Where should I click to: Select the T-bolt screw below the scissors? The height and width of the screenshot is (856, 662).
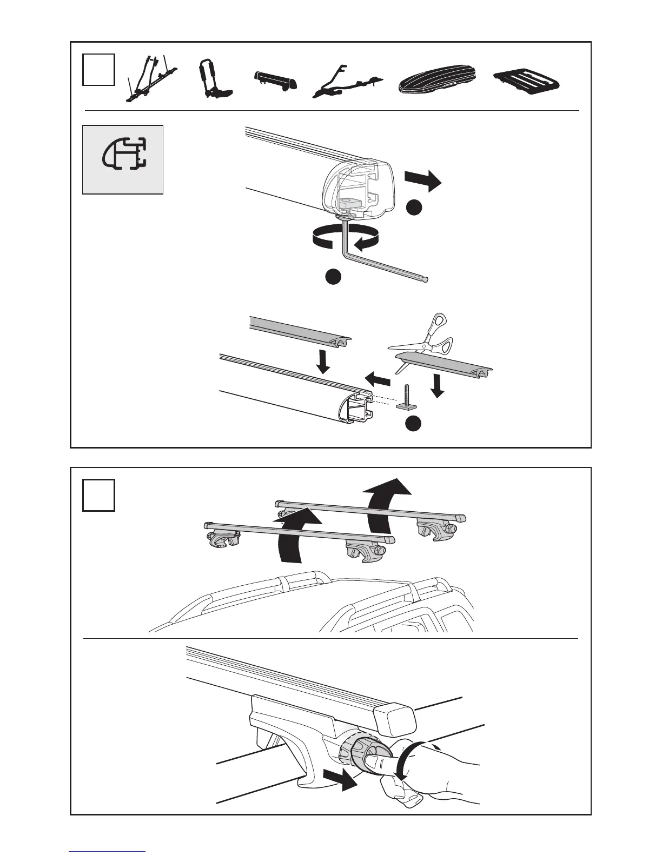[x=406, y=397]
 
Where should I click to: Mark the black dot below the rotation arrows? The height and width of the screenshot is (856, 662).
[x=333, y=276]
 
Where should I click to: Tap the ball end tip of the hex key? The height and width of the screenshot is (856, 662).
[x=426, y=279]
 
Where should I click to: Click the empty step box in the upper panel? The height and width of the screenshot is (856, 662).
[x=98, y=69]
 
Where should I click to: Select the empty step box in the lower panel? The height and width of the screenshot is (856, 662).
[x=98, y=495]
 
